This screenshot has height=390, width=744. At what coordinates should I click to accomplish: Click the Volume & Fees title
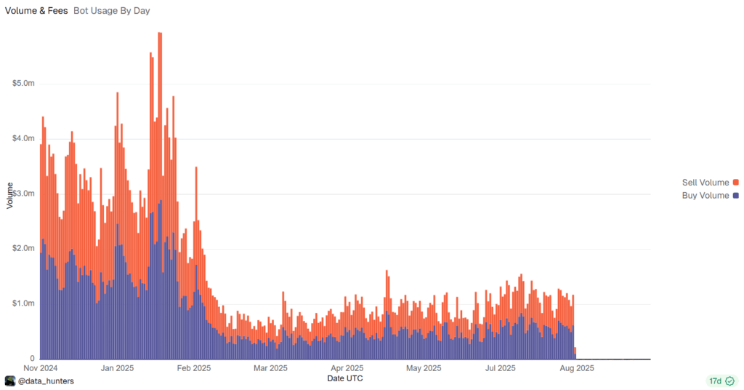[36, 11]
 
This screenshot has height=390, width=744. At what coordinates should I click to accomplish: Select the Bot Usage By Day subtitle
[112, 11]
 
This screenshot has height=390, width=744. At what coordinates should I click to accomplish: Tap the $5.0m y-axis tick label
[23, 84]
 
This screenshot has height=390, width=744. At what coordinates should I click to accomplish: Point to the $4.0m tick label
[23, 138]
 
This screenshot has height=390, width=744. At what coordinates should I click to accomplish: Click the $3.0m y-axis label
[23, 194]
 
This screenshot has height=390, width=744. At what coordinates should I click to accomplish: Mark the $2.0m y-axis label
[23, 248]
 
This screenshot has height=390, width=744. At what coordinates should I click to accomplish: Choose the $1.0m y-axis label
[23, 303]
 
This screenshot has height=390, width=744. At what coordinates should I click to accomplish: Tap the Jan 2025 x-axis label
[116, 368]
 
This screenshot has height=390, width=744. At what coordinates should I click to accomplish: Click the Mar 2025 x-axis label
[270, 368]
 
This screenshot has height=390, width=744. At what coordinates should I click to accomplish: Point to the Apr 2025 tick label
[347, 368]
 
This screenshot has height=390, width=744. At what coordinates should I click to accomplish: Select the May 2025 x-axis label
[424, 368]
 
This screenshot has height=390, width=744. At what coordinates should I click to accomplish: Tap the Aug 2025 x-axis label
[577, 368]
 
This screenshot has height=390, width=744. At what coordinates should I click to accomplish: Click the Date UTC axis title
[345, 378]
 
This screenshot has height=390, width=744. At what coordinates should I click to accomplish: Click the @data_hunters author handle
[46, 381]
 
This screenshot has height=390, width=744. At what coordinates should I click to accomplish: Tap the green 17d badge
[721, 381]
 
